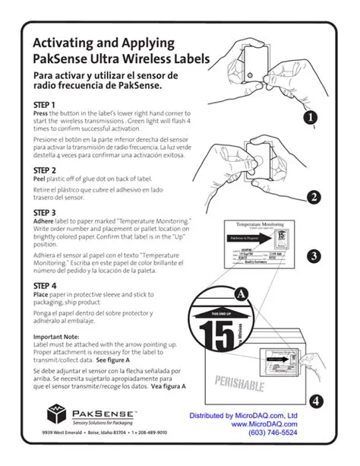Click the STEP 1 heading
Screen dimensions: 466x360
pyautogui.click(x=45, y=104)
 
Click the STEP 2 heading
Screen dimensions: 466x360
pyautogui.click(x=45, y=170)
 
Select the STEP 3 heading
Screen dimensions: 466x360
pyautogui.click(x=45, y=213)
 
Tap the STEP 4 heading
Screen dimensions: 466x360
pyautogui.click(x=45, y=287)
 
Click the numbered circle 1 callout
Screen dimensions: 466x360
pyautogui.click(x=311, y=118)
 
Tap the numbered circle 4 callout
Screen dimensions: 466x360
pyautogui.click(x=317, y=401)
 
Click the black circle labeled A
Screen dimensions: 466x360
pyautogui.click(x=242, y=293)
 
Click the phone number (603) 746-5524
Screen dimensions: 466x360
pyautogui.click(x=273, y=433)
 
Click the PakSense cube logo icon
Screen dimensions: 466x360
pyautogui.click(x=58, y=415)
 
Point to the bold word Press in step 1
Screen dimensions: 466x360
pyautogui.click(x=41, y=113)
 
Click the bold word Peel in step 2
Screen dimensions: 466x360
pyautogui.click(x=40, y=179)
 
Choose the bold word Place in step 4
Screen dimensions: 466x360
pyautogui.click(x=42, y=295)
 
